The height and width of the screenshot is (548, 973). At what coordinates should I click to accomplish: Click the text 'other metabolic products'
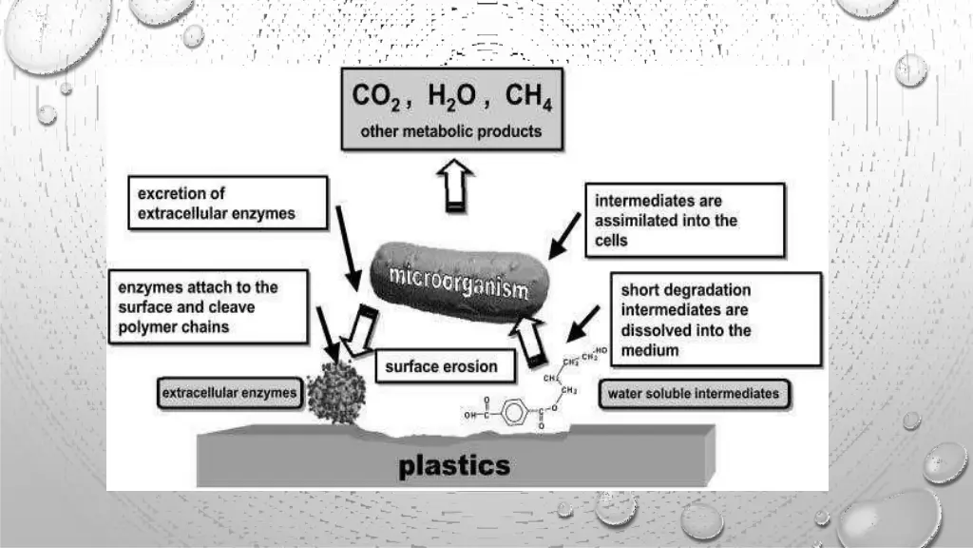pos(451,131)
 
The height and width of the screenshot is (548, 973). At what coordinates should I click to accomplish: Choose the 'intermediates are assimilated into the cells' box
pos(684,220)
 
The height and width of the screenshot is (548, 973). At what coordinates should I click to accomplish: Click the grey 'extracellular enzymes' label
pos(229,392)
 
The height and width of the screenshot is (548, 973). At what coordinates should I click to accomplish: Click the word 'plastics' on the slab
pos(454,465)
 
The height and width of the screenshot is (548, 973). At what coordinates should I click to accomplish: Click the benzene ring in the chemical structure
pos(513,415)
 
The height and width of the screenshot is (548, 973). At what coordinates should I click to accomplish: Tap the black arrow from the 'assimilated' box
pos(564,235)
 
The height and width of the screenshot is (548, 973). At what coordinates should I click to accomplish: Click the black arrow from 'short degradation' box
pos(581,324)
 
